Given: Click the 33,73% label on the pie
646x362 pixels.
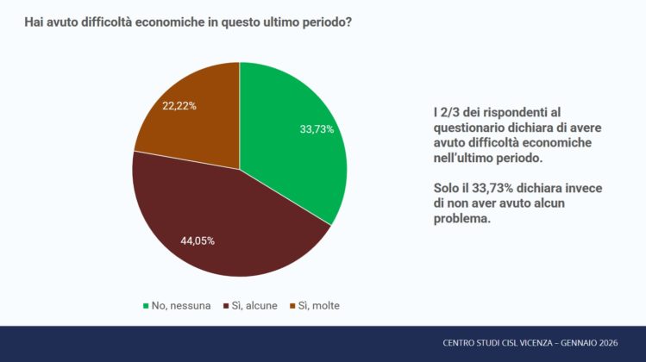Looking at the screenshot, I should coord(317,129).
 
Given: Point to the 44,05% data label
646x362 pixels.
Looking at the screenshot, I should coord(198,240).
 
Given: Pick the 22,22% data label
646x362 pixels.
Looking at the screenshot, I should coord(179,106).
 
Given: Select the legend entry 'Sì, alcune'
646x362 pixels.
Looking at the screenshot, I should coord(252,305).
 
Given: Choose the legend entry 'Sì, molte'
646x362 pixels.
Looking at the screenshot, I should coord(317,305).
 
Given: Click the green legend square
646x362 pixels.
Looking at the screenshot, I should coord(146,305).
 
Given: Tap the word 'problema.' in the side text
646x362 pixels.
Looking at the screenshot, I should coord(461,220).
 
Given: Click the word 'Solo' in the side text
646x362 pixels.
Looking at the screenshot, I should coord(447,189).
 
